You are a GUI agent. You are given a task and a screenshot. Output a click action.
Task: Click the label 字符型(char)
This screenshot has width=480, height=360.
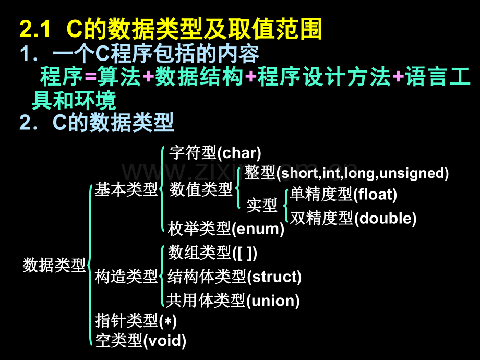point(215,153)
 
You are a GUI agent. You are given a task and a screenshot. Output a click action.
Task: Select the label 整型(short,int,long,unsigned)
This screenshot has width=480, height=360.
point(346,173)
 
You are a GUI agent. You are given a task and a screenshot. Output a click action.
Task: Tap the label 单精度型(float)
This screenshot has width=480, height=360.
point(343,195)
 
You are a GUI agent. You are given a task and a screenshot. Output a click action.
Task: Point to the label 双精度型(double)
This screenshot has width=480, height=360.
point(353,218)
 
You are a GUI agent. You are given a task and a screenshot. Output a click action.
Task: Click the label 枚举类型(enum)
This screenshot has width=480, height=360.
point(226,229)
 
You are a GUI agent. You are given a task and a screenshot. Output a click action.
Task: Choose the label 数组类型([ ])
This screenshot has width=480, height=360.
point(212,253)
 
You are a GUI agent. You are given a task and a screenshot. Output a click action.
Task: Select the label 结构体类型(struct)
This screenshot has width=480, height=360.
point(234,277)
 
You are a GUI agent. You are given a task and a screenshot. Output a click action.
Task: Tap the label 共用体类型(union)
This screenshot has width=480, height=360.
point(233,301)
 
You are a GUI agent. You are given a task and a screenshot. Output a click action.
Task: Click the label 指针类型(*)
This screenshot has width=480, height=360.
point(136,321)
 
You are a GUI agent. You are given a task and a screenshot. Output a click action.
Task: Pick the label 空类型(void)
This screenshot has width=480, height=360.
point(141,341)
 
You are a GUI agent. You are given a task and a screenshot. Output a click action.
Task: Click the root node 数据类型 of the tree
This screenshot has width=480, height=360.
point(54,265)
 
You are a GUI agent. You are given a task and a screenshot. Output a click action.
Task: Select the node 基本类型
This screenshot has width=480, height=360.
point(126,189)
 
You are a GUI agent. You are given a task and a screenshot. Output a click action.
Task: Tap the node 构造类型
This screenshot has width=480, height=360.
point(126,277)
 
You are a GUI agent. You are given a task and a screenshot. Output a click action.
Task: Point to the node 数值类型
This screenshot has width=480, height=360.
point(201,189)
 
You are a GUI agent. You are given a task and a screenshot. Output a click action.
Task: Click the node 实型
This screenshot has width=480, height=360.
point(262,205)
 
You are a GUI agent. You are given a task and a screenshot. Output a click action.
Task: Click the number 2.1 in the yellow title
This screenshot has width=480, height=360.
point(35,29)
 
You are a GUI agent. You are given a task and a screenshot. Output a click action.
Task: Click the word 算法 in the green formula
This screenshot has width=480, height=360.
point(119,77)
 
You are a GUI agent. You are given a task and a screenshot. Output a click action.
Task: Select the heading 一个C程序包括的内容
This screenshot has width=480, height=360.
point(156,54)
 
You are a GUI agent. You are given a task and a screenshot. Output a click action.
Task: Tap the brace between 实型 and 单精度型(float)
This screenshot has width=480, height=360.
point(286,206)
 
